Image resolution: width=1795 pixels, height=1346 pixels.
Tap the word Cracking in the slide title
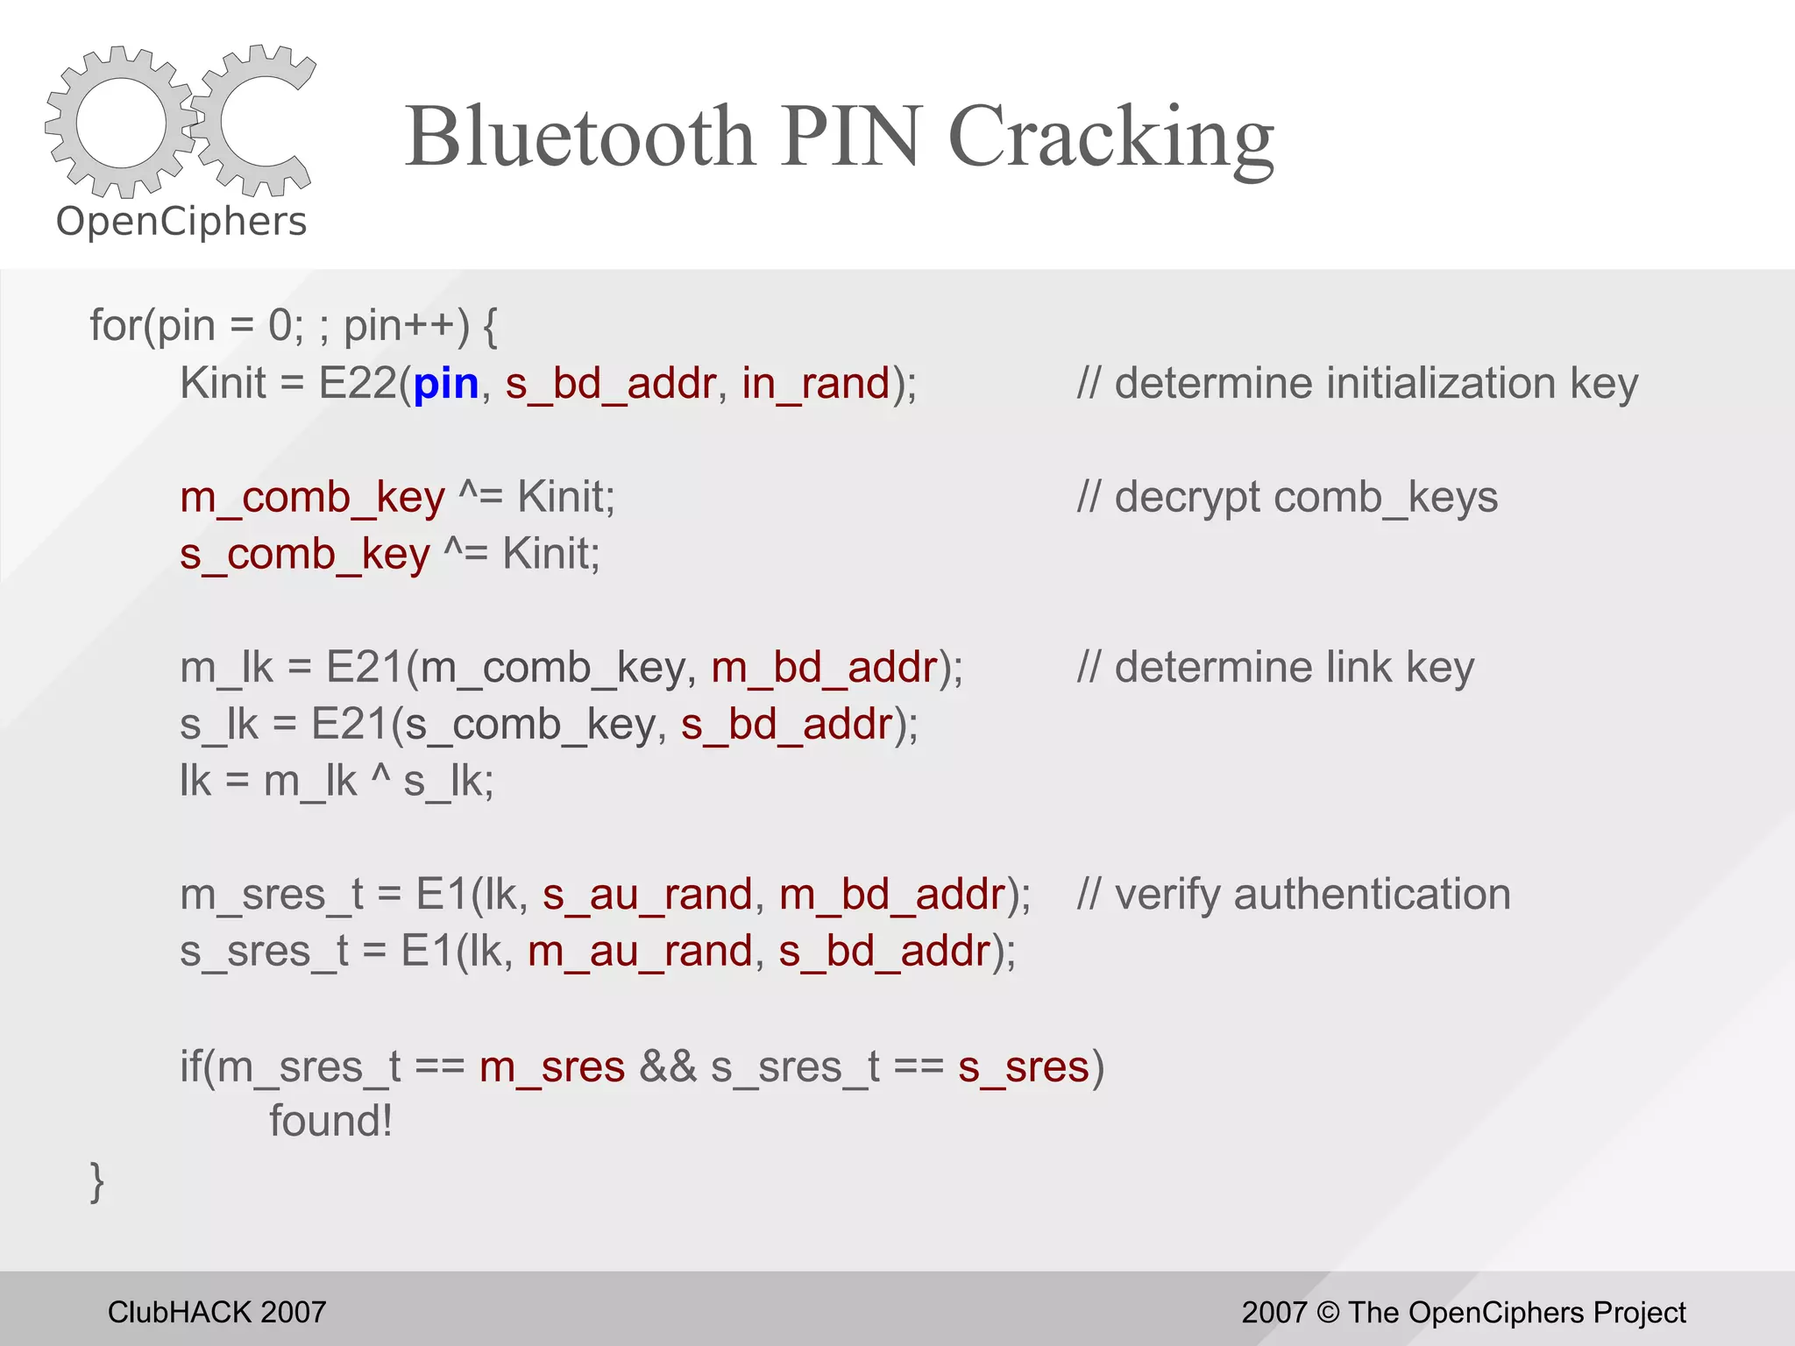pos(1110,138)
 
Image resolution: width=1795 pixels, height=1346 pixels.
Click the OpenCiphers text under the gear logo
pos(181,222)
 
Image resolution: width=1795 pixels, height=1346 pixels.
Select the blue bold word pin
pos(445,384)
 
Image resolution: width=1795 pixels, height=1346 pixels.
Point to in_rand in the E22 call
pos(815,384)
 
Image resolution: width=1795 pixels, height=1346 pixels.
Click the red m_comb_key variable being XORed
pos(312,498)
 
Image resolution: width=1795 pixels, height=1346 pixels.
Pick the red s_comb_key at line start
pos(304,555)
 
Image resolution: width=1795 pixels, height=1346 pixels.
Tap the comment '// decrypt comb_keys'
pos(1287,498)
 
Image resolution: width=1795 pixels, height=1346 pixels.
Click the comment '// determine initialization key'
pos(1357,384)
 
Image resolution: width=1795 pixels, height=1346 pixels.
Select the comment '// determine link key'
pos(1275,668)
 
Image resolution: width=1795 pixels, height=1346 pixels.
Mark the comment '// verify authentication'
pos(1294,895)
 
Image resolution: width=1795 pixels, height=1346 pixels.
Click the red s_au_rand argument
pos(647,895)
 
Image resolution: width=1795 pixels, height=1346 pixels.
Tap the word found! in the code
pos(330,1121)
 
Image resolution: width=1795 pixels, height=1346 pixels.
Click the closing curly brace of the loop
pos(97,1181)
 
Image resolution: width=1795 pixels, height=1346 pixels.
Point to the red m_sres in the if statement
pos(552,1067)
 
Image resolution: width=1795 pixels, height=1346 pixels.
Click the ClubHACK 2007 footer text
pos(216,1312)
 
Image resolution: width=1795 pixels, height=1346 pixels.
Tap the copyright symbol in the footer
pos(1328,1313)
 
